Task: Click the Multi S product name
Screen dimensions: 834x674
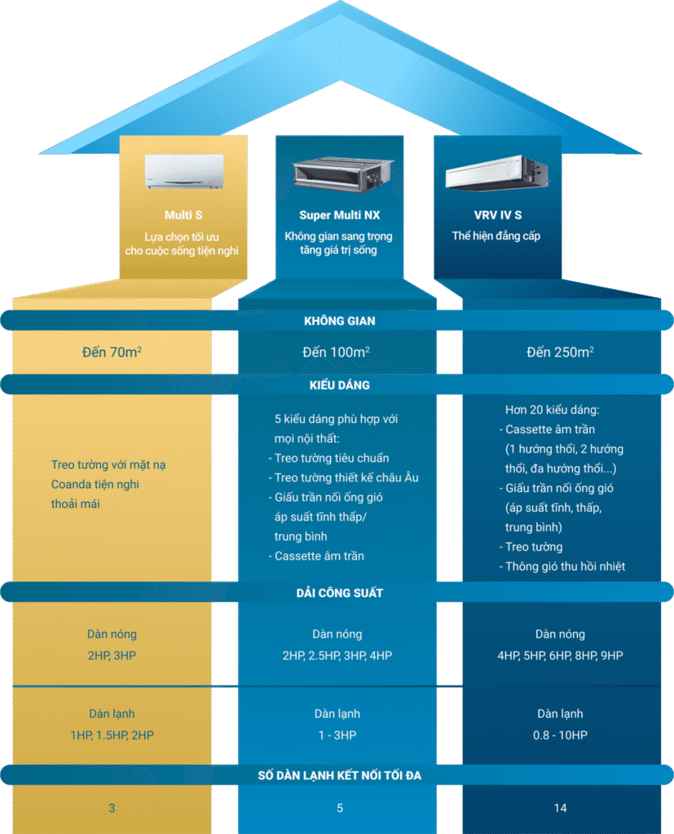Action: tap(183, 215)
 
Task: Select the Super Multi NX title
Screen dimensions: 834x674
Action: tap(338, 215)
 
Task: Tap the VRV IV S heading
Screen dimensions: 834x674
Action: tap(496, 215)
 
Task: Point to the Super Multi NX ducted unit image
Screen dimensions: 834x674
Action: tap(339, 173)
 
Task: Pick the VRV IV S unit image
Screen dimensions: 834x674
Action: tap(496, 172)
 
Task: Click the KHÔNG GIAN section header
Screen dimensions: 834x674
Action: tap(339, 321)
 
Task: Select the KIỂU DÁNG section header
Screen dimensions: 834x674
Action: tap(339, 384)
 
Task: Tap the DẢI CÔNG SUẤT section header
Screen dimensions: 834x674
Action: tap(339, 593)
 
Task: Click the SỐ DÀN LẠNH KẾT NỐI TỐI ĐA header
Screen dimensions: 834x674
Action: tap(339, 775)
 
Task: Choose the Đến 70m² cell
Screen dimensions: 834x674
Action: tap(112, 353)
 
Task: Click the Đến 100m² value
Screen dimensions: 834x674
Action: tap(337, 353)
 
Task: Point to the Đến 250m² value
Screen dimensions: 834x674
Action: tap(560, 353)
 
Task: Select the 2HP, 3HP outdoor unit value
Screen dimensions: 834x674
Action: tap(112, 655)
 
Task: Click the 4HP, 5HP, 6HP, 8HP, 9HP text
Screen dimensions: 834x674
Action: tap(560, 655)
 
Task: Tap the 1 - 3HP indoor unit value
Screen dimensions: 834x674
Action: tap(337, 735)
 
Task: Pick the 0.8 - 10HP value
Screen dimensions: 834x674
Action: tap(560, 735)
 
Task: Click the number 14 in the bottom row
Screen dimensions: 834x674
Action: tap(560, 808)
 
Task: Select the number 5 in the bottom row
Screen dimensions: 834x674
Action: tap(339, 808)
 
